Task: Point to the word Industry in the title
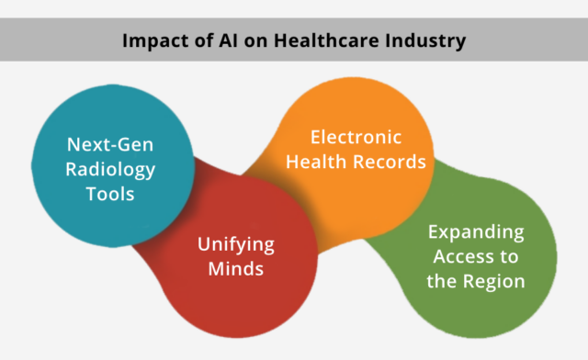click(x=421, y=41)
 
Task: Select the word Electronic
click(x=356, y=138)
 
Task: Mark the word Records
click(x=390, y=163)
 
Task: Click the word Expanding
click(x=476, y=231)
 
